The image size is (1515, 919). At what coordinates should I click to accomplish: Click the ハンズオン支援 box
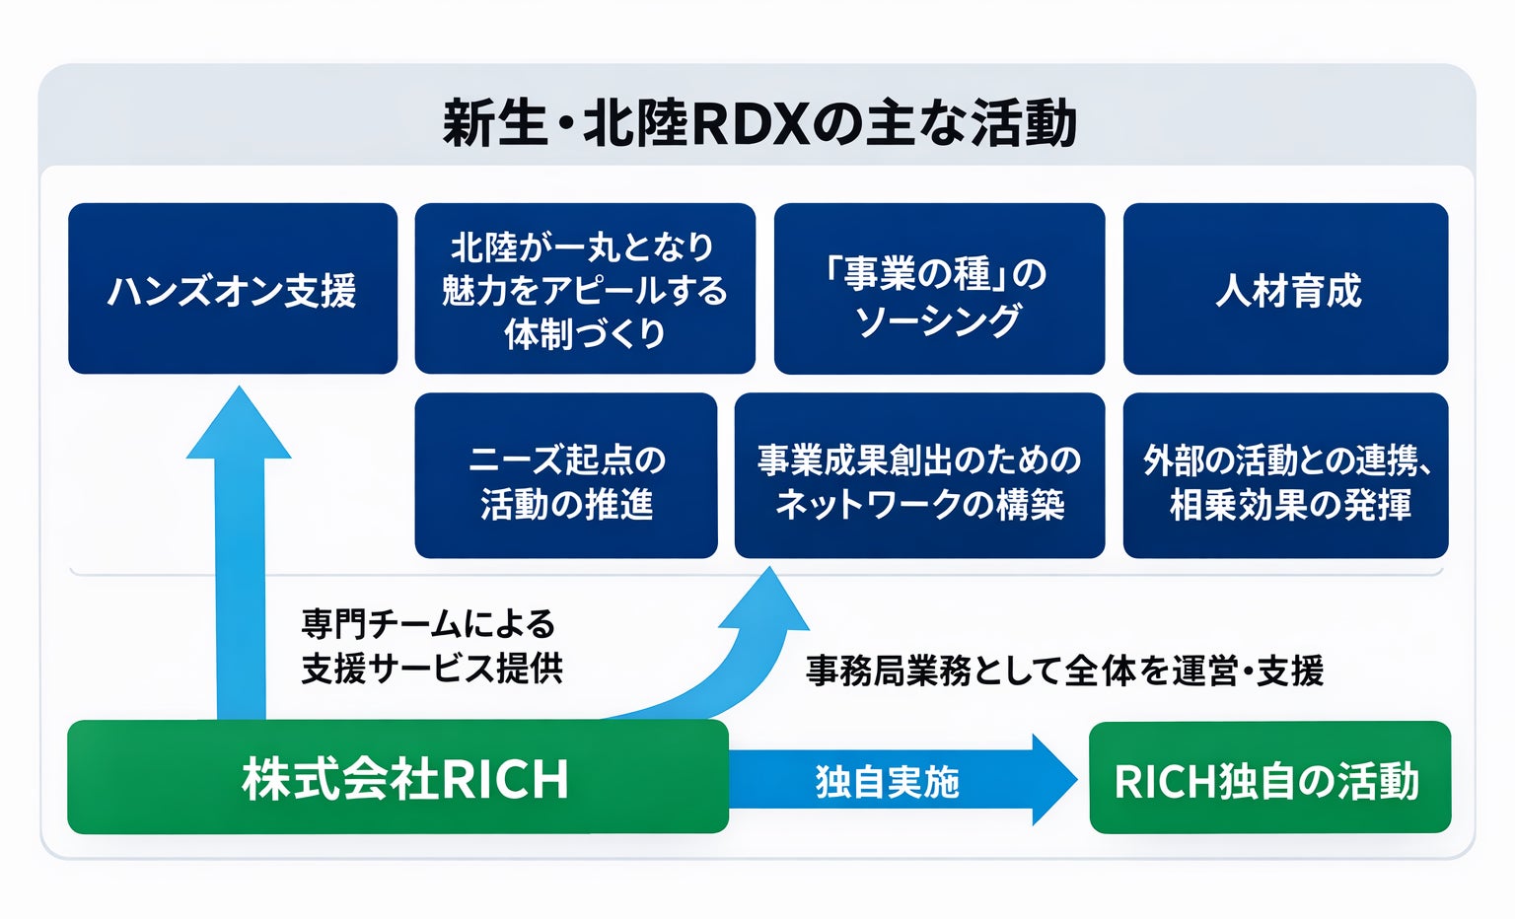tap(232, 289)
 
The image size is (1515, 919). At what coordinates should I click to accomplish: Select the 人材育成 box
tap(1285, 289)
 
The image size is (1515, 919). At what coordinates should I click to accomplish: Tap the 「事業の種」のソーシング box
tap(938, 289)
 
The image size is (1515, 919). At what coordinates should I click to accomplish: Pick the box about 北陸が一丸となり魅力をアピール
tap(585, 289)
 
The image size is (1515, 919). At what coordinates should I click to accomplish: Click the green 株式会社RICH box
tap(397, 778)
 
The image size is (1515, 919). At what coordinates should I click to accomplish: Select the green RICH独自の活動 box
tap(1269, 779)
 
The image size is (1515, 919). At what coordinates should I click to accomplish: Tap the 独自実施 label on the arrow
tap(887, 782)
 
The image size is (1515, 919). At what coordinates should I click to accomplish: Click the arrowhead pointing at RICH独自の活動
tap(1054, 779)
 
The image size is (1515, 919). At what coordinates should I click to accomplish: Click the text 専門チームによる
tap(428, 623)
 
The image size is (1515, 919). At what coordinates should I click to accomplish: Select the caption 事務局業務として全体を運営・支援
tap(1064, 671)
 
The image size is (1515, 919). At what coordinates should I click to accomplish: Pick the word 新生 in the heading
tap(493, 123)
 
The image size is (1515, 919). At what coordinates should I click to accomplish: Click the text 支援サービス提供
tap(432, 669)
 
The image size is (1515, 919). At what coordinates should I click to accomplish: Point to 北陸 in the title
tap(633, 123)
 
